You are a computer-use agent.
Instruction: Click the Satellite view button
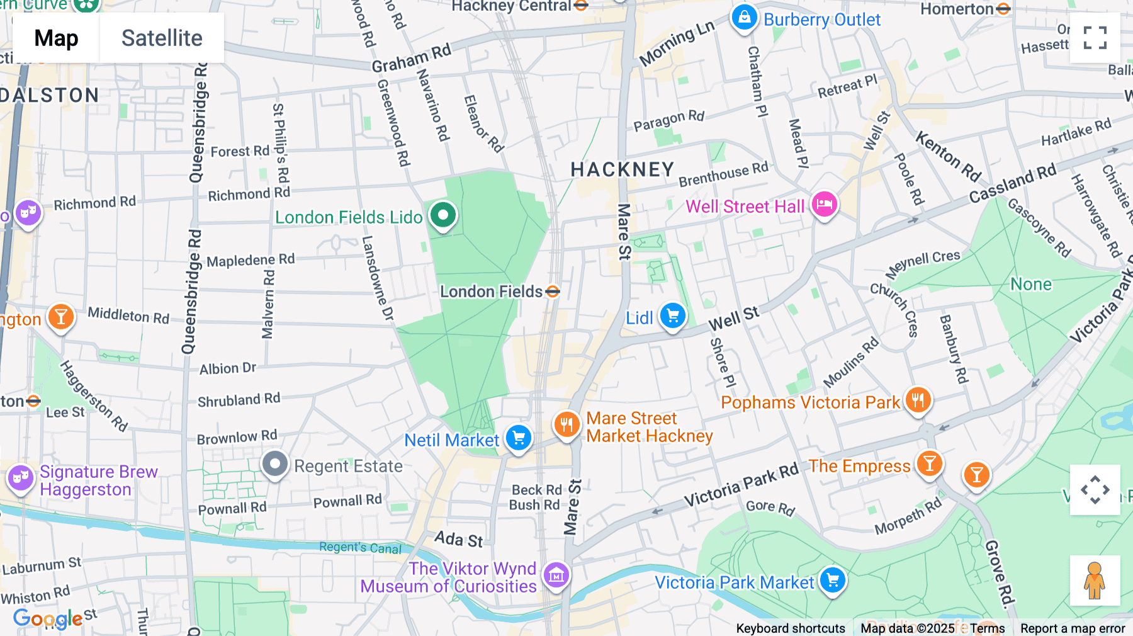(x=162, y=38)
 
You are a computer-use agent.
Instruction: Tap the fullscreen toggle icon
(x=1095, y=38)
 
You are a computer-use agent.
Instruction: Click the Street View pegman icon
(x=1095, y=580)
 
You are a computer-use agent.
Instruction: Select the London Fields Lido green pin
(x=443, y=215)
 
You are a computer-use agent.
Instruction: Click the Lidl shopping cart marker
(x=672, y=315)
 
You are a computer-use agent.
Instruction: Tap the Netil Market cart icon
(x=519, y=438)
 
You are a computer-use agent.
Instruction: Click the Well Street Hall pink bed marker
(x=824, y=204)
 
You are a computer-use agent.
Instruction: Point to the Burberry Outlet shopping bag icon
(x=744, y=18)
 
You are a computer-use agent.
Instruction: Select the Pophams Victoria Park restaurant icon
(x=918, y=400)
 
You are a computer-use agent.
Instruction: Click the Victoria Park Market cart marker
(x=833, y=580)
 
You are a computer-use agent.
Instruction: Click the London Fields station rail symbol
(x=553, y=292)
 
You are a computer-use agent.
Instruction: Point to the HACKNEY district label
(x=622, y=169)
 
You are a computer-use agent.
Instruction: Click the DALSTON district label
(x=50, y=96)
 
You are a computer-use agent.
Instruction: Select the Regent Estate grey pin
(x=275, y=465)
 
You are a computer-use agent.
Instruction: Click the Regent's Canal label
(x=360, y=548)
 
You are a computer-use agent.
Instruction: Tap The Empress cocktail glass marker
(x=929, y=464)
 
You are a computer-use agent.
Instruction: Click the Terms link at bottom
(x=987, y=628)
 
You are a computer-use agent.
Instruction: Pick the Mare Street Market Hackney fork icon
(x=566, y=424)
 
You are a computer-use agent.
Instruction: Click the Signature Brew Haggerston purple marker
(x=21, y=478)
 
